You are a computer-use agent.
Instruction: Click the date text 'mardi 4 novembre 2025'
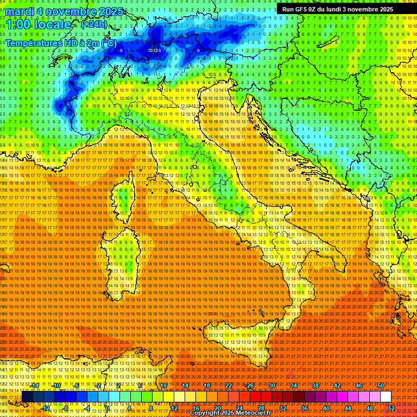coord(64,11)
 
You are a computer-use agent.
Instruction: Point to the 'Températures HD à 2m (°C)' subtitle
coord(61,42)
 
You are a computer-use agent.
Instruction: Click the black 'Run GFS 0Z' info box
coord(337,9)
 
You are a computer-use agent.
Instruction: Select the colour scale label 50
coord(381,385)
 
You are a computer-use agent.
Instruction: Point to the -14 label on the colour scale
coord(36,385)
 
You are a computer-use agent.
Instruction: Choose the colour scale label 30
coord(272,385)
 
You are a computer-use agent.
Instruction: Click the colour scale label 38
coord(315,385)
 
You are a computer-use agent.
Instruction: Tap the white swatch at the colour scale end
coord(386,397)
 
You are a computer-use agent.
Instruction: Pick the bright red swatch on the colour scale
coord(255,397)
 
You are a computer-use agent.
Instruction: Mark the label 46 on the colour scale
coord(359,385)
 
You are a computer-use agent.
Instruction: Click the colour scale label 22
coord(229,385)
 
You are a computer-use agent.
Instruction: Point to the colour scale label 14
coord(185,385)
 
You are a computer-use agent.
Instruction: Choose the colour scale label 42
coord(337,385)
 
